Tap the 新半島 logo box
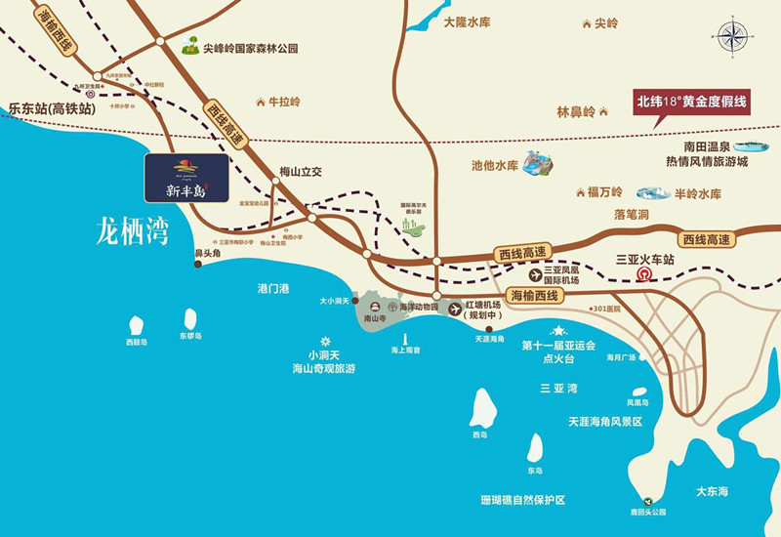[x=186, y=177]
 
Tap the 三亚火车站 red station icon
[x=643, y=277]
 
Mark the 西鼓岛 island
[x=136, y=324]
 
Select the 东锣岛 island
[x=189, y=318]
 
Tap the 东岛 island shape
[x=535, y=448]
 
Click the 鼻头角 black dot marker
[x=197, y=262]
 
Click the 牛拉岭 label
[x=284, y=102]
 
